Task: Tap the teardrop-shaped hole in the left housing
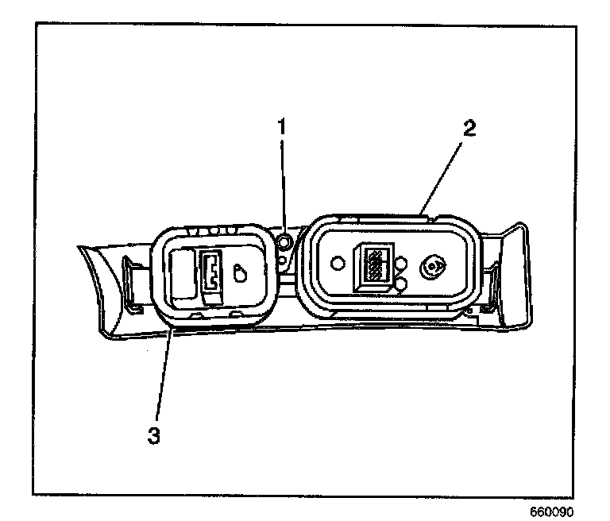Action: click(241, 273)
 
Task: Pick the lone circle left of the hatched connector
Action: click(338, 263)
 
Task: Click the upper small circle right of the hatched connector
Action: click(401, 263)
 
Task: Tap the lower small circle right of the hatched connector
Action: click(401, 281)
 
